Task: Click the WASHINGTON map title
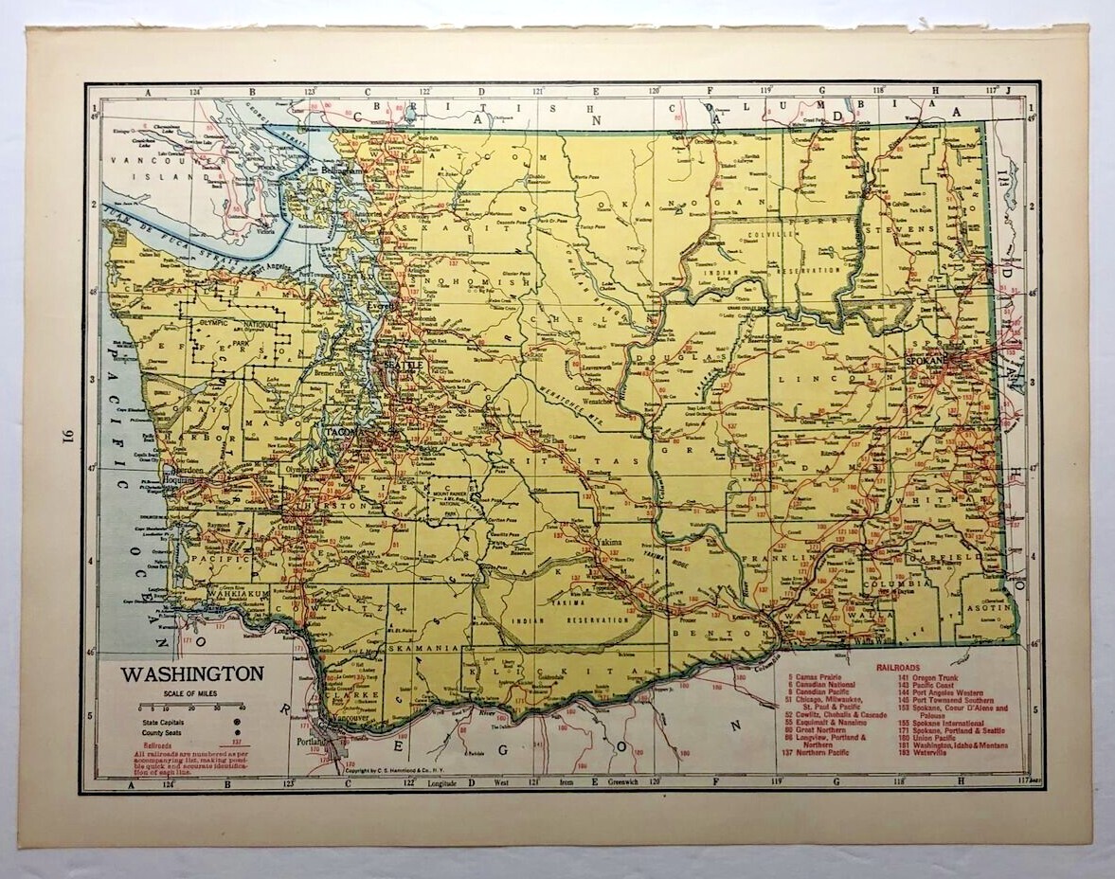point(191,674)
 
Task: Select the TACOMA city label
point(343,432)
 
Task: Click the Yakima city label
point(609,542)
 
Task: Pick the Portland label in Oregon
point(311,741)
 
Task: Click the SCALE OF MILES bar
point(190,707)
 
